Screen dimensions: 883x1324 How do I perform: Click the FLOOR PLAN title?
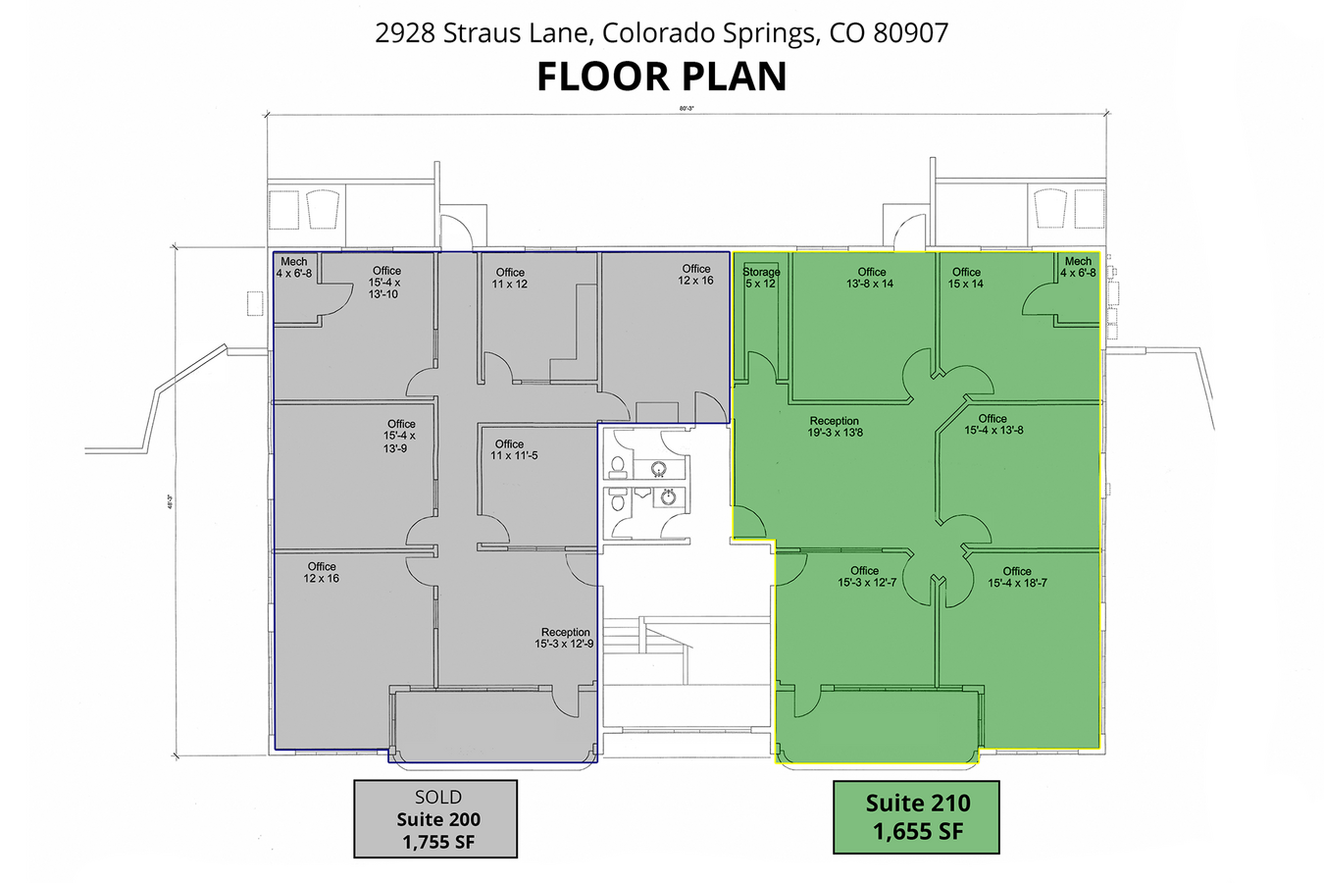[x=661, y=77]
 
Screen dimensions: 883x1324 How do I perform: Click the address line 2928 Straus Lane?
[x=661, y=32]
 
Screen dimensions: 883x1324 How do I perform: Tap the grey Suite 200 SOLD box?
[x=435, y=819]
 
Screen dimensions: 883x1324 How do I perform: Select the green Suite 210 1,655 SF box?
[x=917, y=817]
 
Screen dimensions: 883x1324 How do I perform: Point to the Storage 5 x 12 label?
[x=761, y=278]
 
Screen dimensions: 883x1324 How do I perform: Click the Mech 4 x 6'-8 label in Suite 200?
[x=293, y=267]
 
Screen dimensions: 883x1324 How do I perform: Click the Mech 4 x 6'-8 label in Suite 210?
[x=1078, y=267]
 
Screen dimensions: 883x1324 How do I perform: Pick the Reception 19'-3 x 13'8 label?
[x=835, y=427]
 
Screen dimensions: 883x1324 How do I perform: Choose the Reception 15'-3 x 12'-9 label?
[x=565, y=638]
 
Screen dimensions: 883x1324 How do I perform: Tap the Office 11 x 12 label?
[x=510, y=278]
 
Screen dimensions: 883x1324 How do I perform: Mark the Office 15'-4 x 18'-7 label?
[x=1017, y=577]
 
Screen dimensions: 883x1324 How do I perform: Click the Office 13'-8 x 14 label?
[x=871, y=278]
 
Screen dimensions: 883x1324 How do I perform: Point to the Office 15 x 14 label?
[x=965, y=278]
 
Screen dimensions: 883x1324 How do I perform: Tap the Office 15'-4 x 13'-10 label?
[x=385, y=283]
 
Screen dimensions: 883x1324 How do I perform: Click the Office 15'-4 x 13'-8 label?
[x=993, y=424]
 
